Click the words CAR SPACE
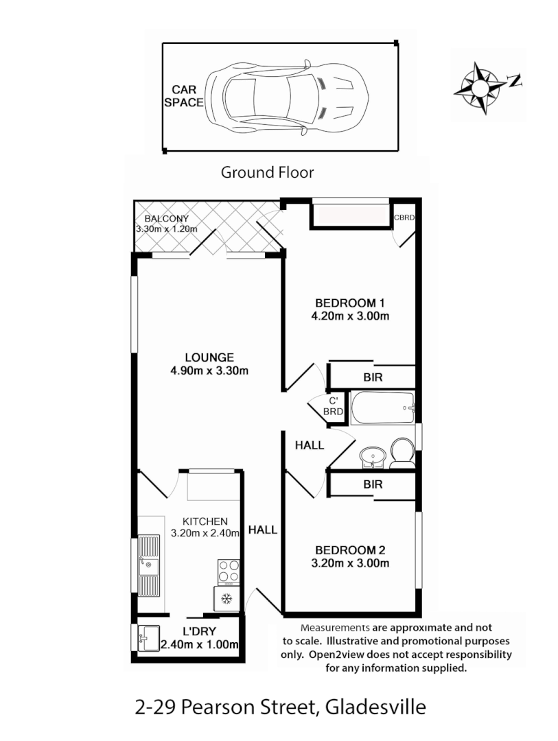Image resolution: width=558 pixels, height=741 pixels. [187, 96]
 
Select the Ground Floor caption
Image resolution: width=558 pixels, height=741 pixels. [267, 172]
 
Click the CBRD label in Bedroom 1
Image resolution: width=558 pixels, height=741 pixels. [404, 218]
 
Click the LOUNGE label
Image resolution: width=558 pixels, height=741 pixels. [209, 357]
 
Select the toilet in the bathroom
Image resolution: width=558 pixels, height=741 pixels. [401, 454]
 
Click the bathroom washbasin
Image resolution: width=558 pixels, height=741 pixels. [373, 457]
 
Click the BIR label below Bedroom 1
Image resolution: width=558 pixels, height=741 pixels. [373, 377]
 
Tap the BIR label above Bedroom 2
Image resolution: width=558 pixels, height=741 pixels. [373, 484]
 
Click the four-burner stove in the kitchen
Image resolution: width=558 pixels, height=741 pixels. [229, 572]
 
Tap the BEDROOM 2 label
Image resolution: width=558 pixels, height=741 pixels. [350, 550]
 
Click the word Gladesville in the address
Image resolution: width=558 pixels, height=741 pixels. [375, 707]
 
